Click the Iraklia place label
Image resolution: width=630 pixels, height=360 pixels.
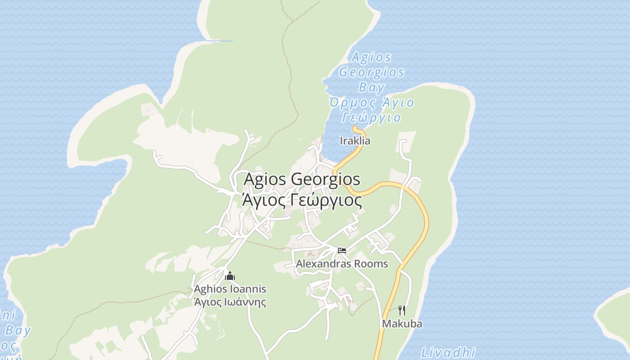(x=355, y=141)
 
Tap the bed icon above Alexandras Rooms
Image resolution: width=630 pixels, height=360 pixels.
(x=342, y=250)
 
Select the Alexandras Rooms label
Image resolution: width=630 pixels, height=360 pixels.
(x=342, y=264)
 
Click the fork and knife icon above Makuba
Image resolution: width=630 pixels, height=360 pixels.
(x=402, y=310)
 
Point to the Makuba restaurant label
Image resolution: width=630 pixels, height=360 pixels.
(x=402, y=324)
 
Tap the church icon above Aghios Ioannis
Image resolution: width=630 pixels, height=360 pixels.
(x=230, y=276)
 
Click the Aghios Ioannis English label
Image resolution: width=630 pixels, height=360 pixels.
(x=230, y=289)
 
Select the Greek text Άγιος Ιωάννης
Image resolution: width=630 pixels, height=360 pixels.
(x=230, y=302)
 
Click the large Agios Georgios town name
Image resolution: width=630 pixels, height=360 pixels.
(x=301, y=179)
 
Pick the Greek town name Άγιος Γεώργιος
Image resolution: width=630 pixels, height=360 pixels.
(x=301, y=200)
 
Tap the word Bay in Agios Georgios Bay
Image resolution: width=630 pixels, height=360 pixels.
(x=372, y=87)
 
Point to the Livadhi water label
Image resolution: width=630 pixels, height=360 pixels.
(x=448, y=351)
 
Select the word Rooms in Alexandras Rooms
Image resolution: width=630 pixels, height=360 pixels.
(x=371, y=264)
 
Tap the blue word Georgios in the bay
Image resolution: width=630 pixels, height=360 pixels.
(x=372, y=72)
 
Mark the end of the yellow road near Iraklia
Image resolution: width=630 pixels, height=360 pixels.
(x=355, y=128)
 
